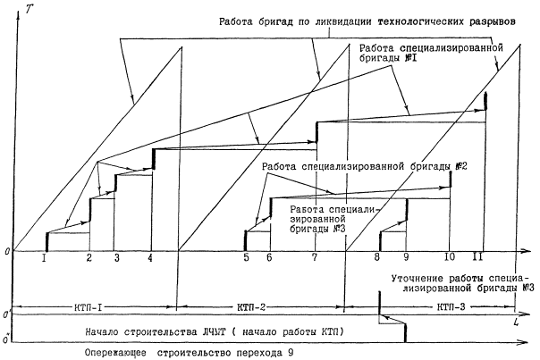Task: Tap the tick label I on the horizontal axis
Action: [44, 259]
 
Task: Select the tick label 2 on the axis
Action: [89, 259]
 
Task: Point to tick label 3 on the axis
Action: [116, 259]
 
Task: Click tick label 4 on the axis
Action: [150, 259]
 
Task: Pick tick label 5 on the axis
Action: [247, 259]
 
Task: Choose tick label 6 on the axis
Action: [268, 259]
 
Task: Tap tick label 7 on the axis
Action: [314, 259]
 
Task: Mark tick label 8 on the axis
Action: [377, 259]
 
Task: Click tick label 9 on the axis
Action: [406, 259]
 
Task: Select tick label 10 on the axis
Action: [450, 259]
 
